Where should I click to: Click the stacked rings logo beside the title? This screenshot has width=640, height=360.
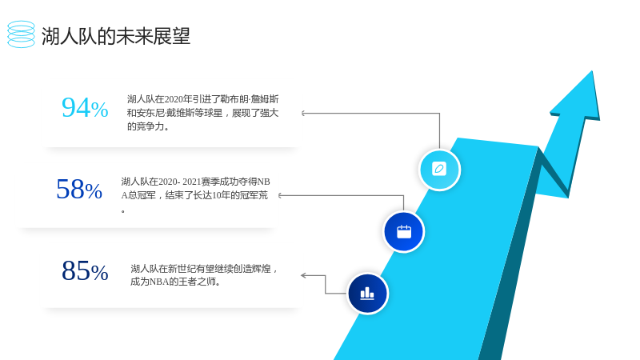click(x=22, y=34)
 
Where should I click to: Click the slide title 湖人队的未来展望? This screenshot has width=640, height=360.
click(x=116, y=36)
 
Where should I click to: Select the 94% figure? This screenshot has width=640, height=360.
click(x=85, y=108)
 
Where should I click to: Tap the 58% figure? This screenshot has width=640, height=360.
click(x=79, y=190)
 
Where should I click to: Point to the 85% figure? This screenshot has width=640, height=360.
click(x=85, y=270)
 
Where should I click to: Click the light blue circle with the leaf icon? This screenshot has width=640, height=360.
click(x=439, y=170)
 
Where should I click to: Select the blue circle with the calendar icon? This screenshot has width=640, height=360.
click(x=404, y=231)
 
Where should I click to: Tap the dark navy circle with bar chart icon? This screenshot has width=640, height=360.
click(x=367, y=294)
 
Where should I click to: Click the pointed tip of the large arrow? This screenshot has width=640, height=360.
click(x=592, y=71)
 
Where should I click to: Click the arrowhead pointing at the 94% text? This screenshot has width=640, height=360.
click(x=303, y=113)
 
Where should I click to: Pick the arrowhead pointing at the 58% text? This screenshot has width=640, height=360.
click(x=280, y=195)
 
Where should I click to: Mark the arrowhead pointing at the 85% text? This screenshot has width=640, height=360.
click(x=303, y=275)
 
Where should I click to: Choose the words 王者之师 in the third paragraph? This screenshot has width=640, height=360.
click(x=198, y=282)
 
